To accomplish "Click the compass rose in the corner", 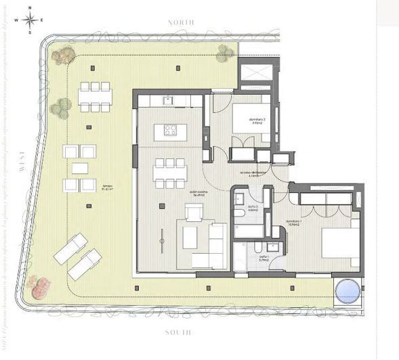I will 30,20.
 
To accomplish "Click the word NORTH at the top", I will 181,22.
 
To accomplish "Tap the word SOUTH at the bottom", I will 179,332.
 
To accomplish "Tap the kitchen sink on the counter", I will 169,101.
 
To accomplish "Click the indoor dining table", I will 169,172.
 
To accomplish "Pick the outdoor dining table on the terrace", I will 95,96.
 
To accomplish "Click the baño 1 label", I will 264,259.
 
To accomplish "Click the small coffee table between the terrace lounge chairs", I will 80,167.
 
